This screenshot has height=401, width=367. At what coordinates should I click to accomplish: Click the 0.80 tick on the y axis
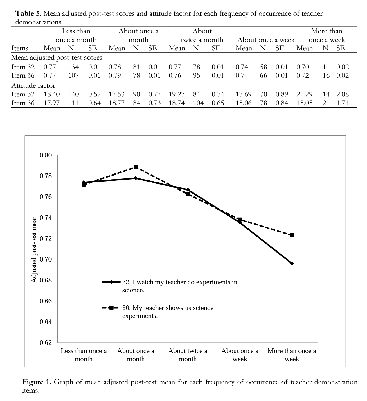[x=46, y=155]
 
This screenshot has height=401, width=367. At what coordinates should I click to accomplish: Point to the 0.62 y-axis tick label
[x=46, y=343]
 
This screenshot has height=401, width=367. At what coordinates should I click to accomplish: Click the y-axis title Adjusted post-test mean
[x=34, y=249]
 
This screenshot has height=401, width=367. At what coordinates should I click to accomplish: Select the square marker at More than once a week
[x=292, y=235]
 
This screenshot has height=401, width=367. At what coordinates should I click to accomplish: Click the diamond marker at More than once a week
[x=292, y=263]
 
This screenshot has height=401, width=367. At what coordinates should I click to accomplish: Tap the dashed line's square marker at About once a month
[x=136, y=167]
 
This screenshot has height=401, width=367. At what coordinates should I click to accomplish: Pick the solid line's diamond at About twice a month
[x=188, y=189]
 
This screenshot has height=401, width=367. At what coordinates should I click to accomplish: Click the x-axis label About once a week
[x=240, y=355]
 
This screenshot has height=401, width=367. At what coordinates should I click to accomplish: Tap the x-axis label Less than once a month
[x=84, y=355]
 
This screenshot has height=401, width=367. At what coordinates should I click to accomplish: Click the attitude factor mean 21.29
[x=304, y=94]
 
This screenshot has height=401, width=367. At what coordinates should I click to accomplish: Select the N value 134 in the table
[x=73, y=67]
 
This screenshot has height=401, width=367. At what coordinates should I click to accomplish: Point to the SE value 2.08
[x=343, y=94]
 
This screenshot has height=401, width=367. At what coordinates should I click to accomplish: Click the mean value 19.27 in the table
[x=177, y=94]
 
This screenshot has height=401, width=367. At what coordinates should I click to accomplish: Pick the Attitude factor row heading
[x=33, y=85]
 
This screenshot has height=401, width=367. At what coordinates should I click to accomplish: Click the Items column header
[x=20, y=48]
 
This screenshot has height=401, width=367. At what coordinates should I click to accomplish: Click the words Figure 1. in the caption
[x=37, y=382]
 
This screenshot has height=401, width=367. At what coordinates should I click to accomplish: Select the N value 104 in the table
[x=199, y=103]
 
